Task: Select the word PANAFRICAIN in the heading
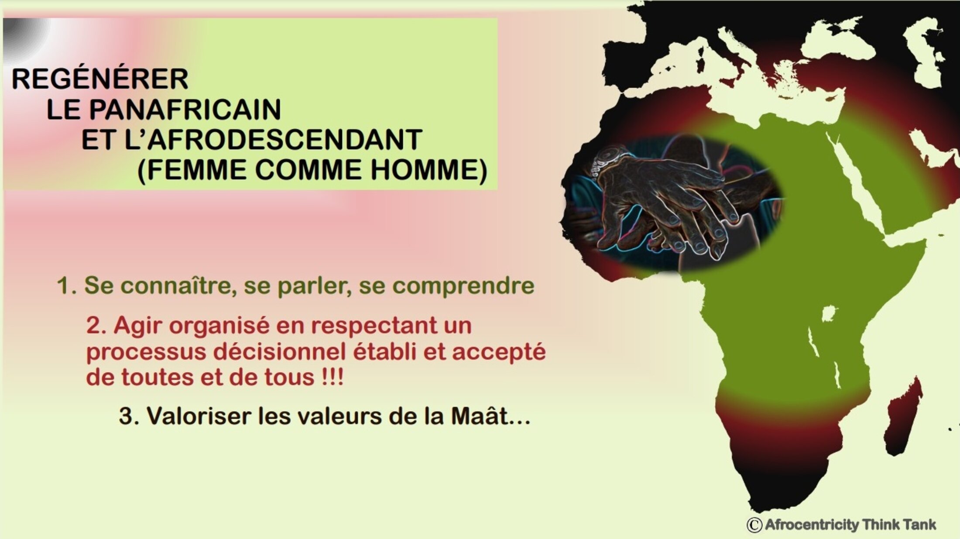pos(185,109)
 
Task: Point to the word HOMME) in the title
pos(429,170)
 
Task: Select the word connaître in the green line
pos(178,286)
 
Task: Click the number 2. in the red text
pos(96,326)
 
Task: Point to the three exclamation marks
pos(333,377)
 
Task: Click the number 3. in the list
pos(129,416)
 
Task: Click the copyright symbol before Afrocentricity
pos(754,525)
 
